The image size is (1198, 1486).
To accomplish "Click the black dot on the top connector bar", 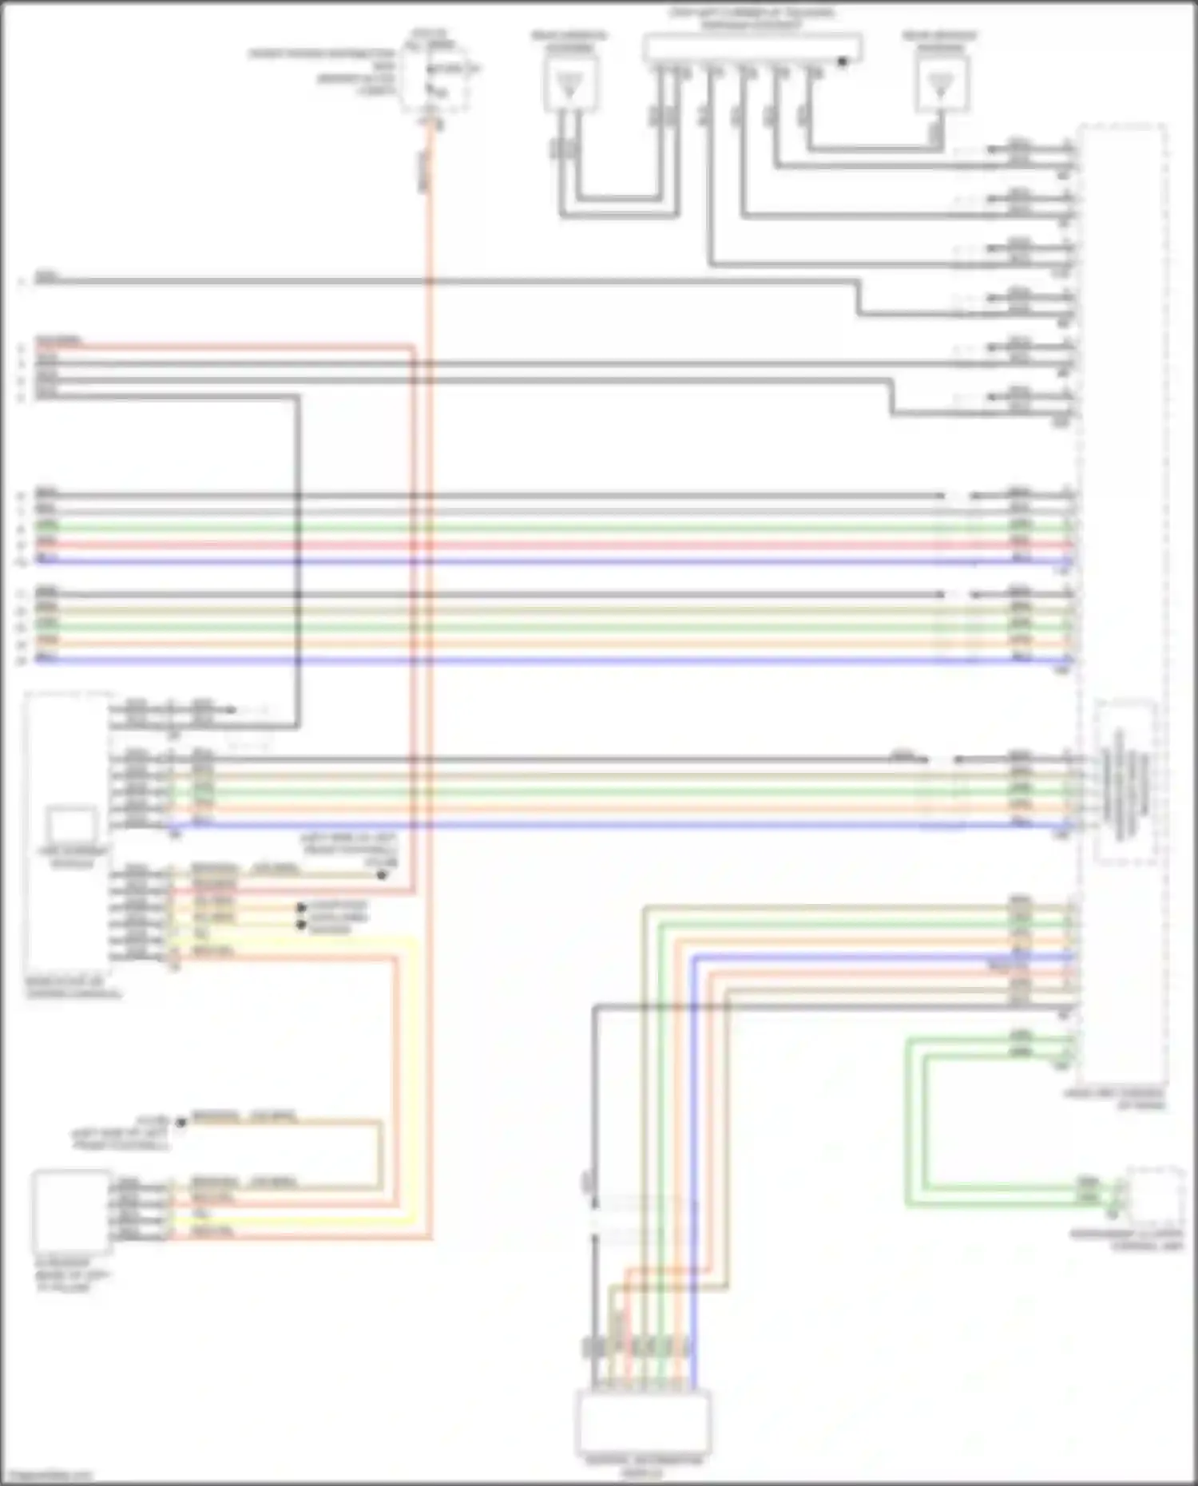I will click(x=842, y=61).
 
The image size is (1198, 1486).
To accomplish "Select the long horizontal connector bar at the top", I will click(x=752, y=48).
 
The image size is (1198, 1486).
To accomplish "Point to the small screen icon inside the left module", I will click(x=72, y=826).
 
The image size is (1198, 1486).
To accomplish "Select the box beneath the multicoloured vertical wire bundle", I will click(x=643, y=1422).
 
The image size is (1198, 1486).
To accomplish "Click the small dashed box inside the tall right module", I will click(x=1125, y=783).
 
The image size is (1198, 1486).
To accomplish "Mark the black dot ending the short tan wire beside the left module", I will click(x=382, y=875).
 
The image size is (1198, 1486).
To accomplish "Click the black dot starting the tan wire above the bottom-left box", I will click(x=180, y=1123).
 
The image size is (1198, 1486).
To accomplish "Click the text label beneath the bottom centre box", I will click(x=643, y=1465).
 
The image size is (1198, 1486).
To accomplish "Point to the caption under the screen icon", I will click(x=72, y=858).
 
